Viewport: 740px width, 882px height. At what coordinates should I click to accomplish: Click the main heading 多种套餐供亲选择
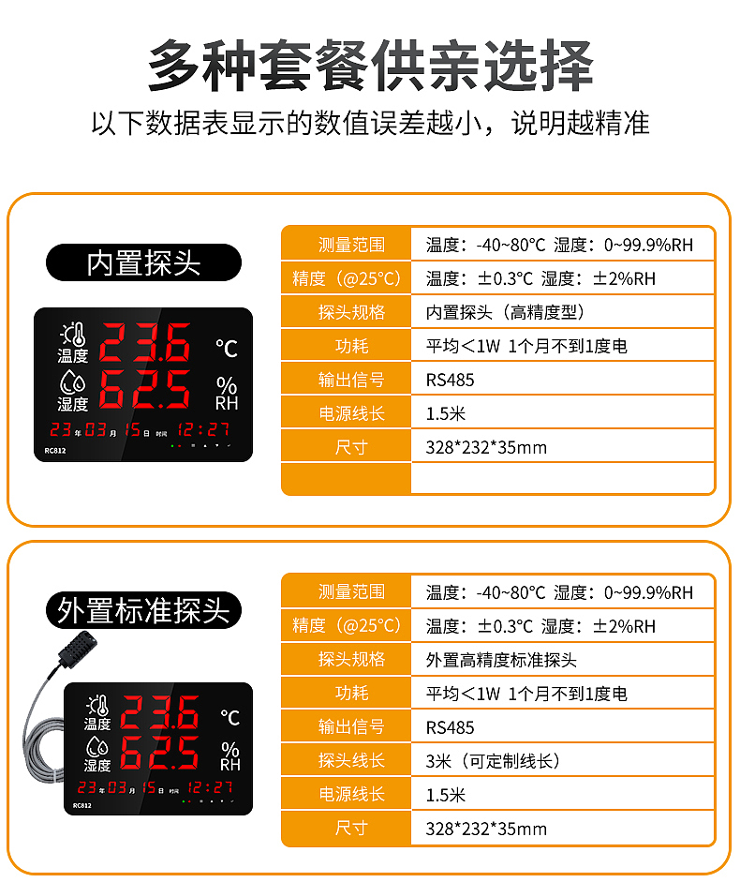(370, 66)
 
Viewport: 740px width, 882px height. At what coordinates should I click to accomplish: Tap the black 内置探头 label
(143, 263)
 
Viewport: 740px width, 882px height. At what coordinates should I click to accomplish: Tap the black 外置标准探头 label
(143, 611)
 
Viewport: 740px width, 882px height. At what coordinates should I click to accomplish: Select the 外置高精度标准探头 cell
(501, 660)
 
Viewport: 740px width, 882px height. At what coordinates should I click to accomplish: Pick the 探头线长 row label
(351, 761)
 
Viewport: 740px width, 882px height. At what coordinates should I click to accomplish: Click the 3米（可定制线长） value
(493, 761)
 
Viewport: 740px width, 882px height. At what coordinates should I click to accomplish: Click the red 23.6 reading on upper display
(145, 343)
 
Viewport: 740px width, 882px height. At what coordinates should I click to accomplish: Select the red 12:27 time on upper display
(204, 430)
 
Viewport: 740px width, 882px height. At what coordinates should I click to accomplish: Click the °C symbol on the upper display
(227, 349)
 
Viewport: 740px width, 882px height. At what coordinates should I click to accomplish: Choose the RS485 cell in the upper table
(451, 380)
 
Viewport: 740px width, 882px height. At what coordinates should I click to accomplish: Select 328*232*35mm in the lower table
(486, 829)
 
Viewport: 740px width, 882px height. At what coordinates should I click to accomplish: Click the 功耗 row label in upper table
(351, 346)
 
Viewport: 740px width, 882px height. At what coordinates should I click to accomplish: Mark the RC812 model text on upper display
(55, 450)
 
